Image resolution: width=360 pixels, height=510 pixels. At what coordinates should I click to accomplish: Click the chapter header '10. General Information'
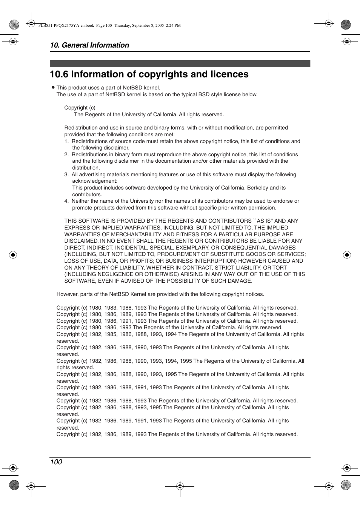click(89, 45)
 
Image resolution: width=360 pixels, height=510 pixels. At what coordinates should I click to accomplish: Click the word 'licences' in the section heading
click(230, 74)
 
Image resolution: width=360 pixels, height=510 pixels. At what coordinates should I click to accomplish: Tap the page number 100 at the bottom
click(56, 462)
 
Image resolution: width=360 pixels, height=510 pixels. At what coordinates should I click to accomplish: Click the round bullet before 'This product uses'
click(53, 87)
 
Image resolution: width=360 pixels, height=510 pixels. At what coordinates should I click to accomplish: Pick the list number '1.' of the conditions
click(66, 141)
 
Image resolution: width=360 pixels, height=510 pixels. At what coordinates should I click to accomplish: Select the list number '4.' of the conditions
click(66, 201)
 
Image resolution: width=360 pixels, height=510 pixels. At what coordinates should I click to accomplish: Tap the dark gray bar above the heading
click(180, 63)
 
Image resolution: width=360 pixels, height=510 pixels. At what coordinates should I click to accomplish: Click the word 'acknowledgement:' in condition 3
click(95, 181)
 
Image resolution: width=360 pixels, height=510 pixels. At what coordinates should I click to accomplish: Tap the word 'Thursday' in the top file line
click(122, 26)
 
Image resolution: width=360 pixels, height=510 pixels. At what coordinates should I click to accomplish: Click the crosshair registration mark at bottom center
click(180, 486)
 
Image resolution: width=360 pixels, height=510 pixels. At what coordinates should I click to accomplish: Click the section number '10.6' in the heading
click(59, 74)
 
